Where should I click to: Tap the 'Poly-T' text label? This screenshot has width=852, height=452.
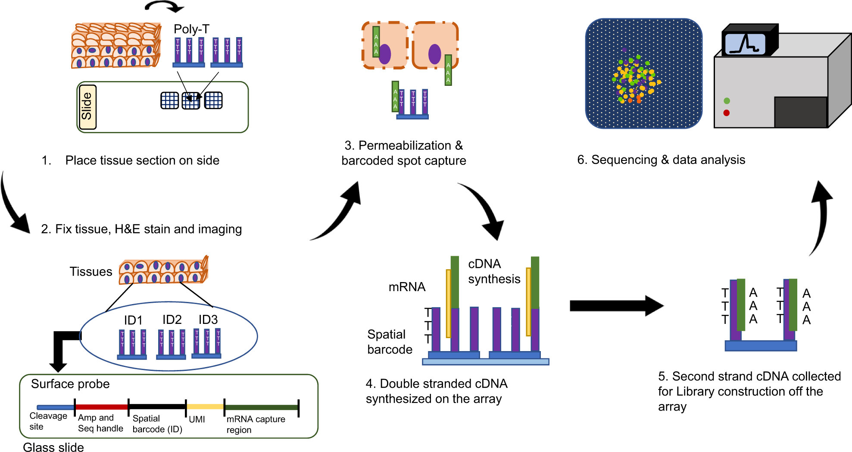point(191,29)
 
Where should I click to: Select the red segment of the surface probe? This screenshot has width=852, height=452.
point(102,407)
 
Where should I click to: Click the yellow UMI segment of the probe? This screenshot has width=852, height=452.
point(205,406)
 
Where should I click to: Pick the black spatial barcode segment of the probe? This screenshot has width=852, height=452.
point(157,406)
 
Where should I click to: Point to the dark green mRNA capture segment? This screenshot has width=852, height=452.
point(261,407)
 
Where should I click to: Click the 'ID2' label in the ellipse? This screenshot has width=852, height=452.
point(172,320)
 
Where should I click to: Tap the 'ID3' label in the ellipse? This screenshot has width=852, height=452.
point(208,320)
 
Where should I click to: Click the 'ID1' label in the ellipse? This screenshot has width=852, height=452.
point(133,320)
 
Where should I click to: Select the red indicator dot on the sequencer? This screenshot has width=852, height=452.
point(727,113)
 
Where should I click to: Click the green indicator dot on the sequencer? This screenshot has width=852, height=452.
point(727,101)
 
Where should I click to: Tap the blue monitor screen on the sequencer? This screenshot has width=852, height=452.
point(745,44)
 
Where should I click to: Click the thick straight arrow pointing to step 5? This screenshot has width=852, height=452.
point(617,306)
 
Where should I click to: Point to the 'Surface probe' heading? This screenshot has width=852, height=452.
point(70,384)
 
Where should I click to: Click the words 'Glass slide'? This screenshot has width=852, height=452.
point(53,447)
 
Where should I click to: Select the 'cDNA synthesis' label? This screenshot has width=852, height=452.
point(494,271)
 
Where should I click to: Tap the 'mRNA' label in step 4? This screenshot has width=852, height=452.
point(407,287)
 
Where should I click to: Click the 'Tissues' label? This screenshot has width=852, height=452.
point(91,271)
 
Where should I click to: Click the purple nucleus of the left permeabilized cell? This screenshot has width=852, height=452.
point(384,54)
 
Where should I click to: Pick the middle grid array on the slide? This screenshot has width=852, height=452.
point(191,100)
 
